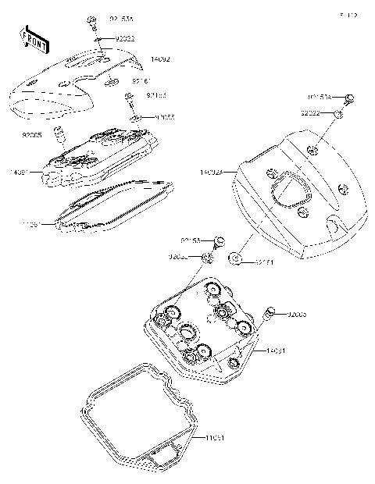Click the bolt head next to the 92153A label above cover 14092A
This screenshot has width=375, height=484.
tap(349, 98)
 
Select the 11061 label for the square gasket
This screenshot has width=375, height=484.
tap(215, 439)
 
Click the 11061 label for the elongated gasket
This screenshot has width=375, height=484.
tap(31, 224)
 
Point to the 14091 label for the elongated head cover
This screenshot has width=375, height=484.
tap(20, 170)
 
